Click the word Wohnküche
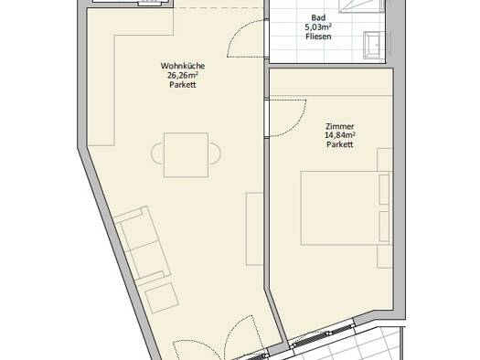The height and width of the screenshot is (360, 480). [183, 66]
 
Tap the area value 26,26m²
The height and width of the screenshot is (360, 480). [183, 75]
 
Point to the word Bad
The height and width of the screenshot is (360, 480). [318, 17]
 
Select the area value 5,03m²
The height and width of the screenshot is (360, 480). [318, 27]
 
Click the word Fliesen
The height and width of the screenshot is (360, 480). [318, 37]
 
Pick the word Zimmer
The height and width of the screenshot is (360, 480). [340, 126]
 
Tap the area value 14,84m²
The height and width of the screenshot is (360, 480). [340, 135]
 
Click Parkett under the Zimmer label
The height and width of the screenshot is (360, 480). [340, 144]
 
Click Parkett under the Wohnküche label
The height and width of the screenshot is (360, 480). [183, 85]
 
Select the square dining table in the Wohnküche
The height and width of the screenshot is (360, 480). [187, 155]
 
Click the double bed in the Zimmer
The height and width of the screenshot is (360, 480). [347, 208]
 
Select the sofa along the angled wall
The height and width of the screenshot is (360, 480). [143, 243]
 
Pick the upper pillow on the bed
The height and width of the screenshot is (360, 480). [384, 189]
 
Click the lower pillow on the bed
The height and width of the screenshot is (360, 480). [384, 226]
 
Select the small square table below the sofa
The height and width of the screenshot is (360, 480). [162, 298]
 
